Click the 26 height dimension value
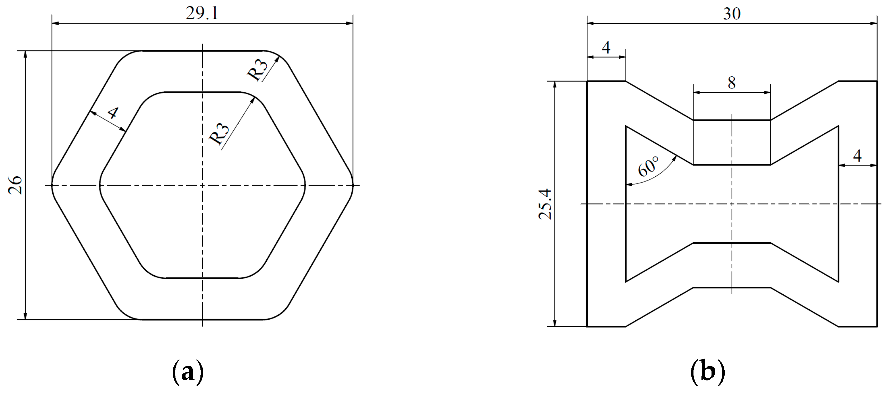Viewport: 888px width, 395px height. point(16,185)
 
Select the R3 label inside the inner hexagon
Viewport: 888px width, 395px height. point(219,134)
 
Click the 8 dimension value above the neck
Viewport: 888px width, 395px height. point(732,83)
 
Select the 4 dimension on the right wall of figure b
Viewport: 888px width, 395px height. point(857,156)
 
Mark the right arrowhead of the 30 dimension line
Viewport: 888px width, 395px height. point(874,23)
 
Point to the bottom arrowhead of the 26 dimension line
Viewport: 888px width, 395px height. point(25,316)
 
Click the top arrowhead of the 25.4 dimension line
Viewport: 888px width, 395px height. point(555,85)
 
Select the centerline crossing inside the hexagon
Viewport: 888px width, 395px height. point(202,185)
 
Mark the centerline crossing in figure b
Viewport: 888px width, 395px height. point(732,204)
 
